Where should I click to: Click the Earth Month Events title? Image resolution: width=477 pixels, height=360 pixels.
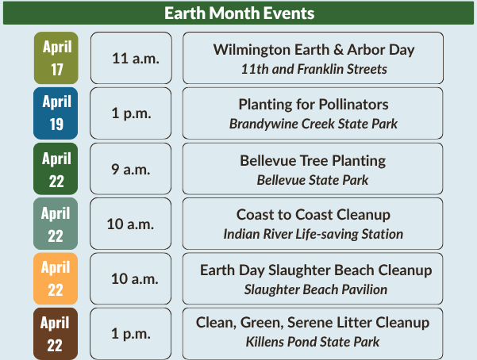pos(239,13)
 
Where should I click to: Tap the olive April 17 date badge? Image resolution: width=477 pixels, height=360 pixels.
pos(56,58)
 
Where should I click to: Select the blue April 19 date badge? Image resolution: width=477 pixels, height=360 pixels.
pos(56,113)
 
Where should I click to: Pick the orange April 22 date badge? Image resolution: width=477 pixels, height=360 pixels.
pos(56,279)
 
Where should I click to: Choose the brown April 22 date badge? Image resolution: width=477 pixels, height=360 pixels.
pos(56,334)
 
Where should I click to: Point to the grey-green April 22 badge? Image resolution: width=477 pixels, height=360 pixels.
pos(56,224)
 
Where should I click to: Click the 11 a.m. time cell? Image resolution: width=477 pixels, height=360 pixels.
pos(131,59)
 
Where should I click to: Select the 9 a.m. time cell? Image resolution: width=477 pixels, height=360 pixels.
pos(131,169)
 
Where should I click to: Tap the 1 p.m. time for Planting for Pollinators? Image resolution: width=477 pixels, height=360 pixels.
pos(131,113)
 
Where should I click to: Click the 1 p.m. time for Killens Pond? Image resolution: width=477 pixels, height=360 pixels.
pos(131,334)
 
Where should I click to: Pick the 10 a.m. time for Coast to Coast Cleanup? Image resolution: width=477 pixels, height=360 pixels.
pos(131,224)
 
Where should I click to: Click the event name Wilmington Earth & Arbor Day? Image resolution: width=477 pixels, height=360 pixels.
pos(314,49)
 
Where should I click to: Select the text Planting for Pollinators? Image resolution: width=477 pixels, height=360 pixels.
pos(314,105)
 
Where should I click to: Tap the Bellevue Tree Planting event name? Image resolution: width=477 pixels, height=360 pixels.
pos(313,160)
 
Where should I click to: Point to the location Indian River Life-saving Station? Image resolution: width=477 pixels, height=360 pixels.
pos(313,234)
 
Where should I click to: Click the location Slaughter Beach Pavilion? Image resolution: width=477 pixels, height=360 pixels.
pos(316,289)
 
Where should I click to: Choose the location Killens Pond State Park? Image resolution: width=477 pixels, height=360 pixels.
pos(313,342)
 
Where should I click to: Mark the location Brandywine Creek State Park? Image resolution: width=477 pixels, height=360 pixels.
pos(313,124)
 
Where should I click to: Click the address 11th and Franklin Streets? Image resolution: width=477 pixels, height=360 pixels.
pos(314,69)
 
